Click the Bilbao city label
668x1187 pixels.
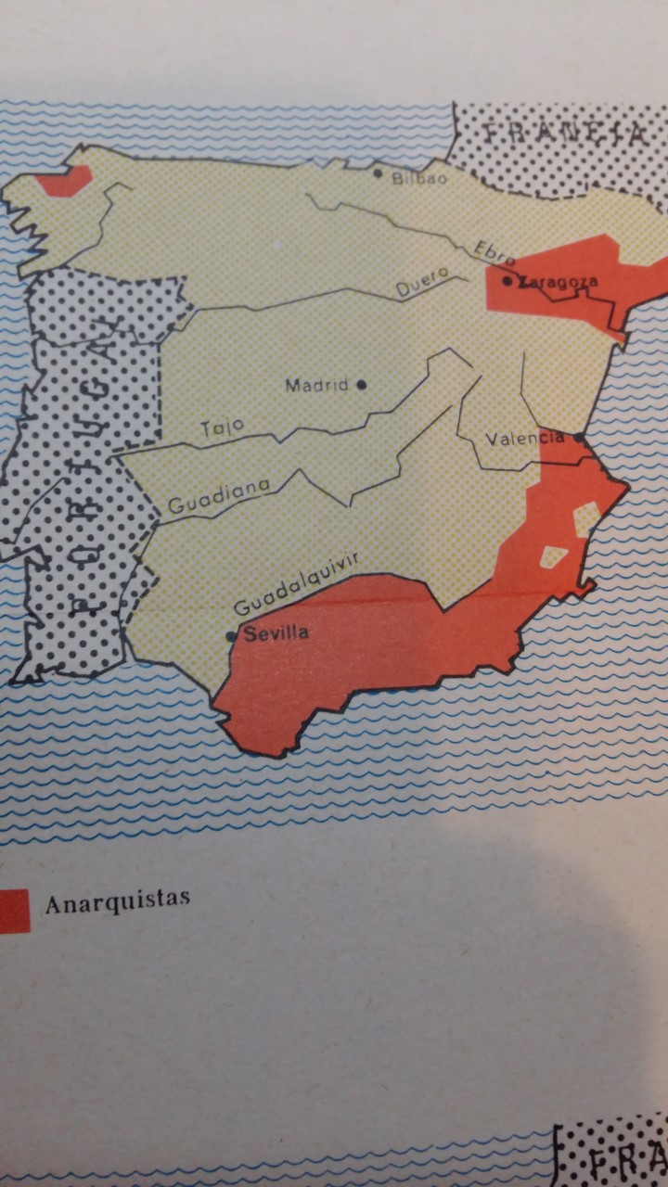(420, 179)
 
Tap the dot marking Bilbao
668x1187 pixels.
(378, 172)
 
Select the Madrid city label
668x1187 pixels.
(316, 385)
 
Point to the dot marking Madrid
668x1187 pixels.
(362, 383)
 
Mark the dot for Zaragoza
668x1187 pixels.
(507, 280)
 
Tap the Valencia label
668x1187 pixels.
(526, 438)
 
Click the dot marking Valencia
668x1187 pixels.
(579, 437)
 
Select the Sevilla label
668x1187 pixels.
(276, 634)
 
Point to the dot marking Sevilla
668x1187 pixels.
(231, 636)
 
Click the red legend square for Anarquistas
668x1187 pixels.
(13, 910)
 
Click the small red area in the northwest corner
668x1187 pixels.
(66, 181)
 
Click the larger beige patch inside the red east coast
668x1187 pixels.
(586, 517)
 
